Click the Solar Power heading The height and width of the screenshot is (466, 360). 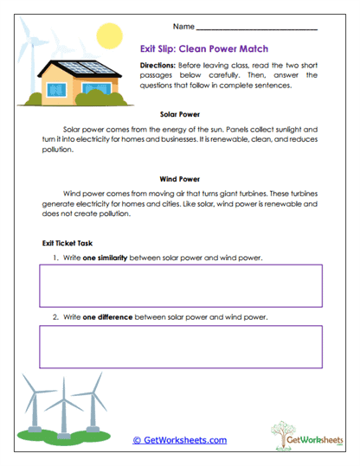click(x=180, y=113)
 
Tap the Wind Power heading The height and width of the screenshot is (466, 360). click(x=180, y=180)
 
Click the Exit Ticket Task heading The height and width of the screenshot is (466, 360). click(x=68, y=244)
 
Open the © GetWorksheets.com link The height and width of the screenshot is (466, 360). click(x=179, y=440)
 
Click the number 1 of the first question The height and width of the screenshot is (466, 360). click(x=55, y=258)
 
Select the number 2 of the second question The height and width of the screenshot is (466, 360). click(x=55, y=317)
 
